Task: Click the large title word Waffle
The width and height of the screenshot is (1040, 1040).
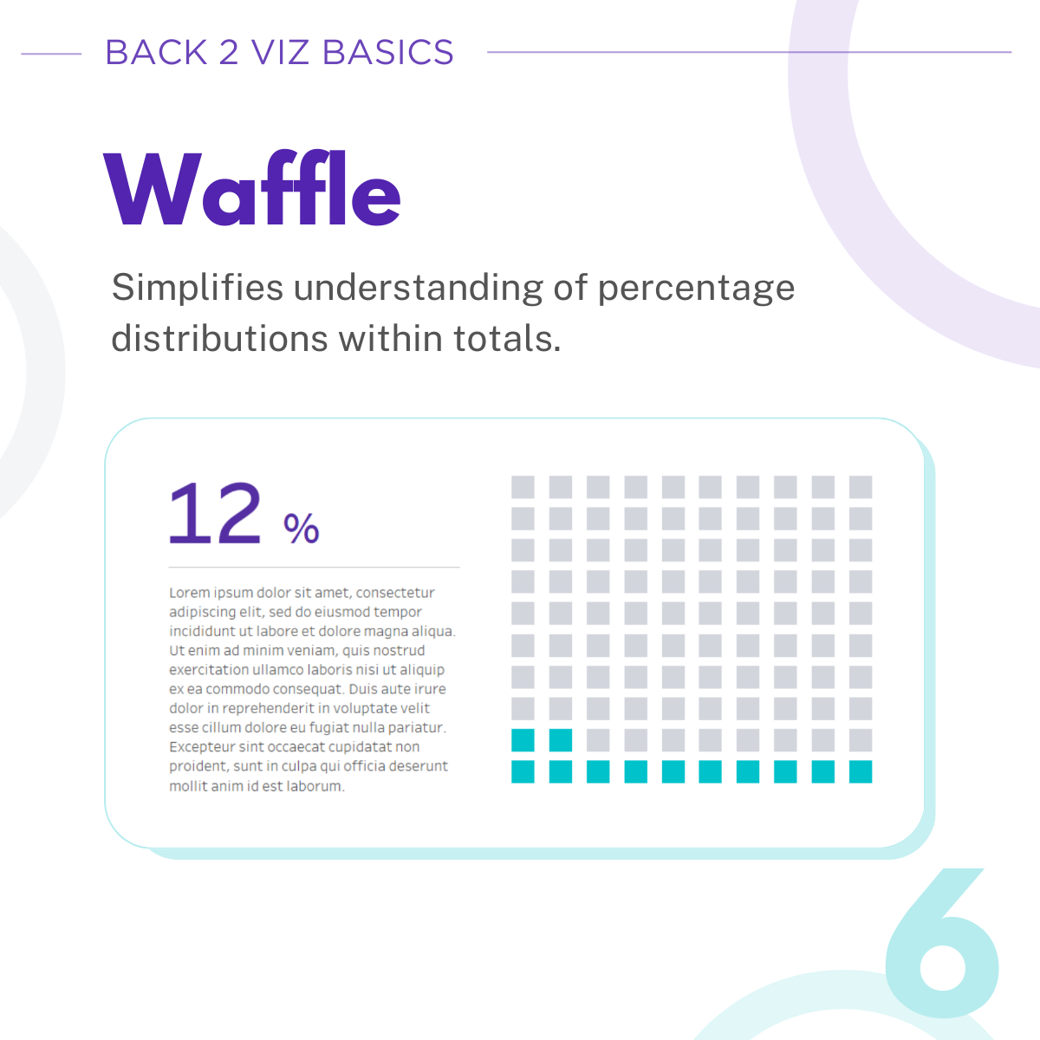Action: (252, 190)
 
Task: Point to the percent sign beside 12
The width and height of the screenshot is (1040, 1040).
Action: (302, 528)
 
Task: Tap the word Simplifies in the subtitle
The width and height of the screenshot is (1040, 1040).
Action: (198, 288)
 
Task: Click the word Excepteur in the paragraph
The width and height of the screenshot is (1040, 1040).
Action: (202, 747)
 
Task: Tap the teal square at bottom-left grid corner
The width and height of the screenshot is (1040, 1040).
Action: (523, 771)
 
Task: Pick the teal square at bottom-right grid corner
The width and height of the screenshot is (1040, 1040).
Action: (861, 771)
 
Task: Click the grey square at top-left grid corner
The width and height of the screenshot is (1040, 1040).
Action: (523, 487)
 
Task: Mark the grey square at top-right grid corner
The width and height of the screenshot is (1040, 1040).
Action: (861, 487)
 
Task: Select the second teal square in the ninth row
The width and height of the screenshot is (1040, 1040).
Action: (561, 740)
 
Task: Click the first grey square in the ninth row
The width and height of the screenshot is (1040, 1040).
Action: (598, 740)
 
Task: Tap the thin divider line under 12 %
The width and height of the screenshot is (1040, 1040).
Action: (314, 568)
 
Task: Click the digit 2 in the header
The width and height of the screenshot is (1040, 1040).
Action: (229, 53)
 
